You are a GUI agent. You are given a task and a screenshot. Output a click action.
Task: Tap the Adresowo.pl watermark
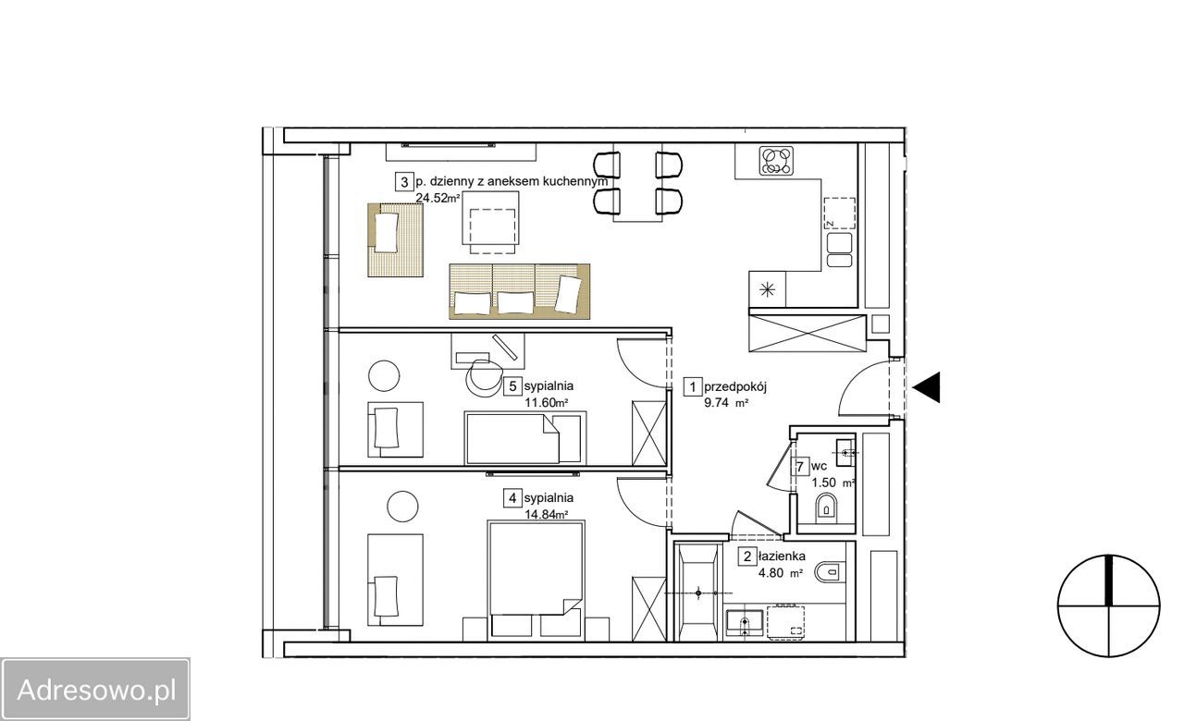95,690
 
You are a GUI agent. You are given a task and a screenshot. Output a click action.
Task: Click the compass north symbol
1109,605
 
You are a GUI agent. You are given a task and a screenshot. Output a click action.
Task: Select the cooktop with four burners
776,160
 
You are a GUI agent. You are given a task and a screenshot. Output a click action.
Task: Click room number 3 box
404,182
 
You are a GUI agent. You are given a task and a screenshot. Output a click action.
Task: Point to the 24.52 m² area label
438,198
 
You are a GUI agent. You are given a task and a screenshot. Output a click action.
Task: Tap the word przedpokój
734,386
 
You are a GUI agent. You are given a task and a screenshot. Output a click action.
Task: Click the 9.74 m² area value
726,402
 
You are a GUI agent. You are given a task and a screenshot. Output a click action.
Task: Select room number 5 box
512,386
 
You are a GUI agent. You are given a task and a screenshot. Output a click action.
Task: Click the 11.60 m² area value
546,402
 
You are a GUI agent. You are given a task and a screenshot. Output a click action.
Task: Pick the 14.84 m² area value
546,514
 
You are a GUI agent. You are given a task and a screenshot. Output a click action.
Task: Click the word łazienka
782,556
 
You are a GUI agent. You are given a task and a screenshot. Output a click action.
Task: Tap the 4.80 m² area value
781,572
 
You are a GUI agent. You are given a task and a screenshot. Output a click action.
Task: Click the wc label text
819,467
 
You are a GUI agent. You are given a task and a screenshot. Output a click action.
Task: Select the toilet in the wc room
827,507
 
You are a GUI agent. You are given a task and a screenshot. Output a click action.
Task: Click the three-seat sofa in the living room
519,291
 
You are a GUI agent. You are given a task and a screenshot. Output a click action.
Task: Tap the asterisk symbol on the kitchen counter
767,289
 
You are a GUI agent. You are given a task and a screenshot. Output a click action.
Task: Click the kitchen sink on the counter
839,250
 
